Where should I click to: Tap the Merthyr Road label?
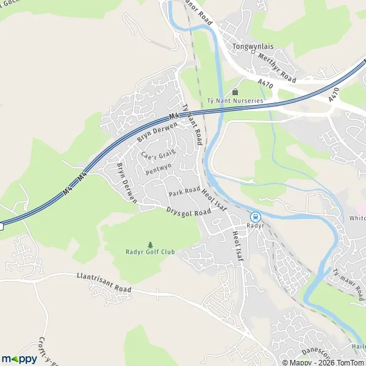point(276,68)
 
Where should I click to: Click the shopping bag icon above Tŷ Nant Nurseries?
point(235,91)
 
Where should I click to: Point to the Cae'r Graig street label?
point(158,154)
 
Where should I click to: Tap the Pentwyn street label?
point(159,168)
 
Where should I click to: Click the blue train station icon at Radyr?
point(255,216)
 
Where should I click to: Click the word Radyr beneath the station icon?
point(255,225)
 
